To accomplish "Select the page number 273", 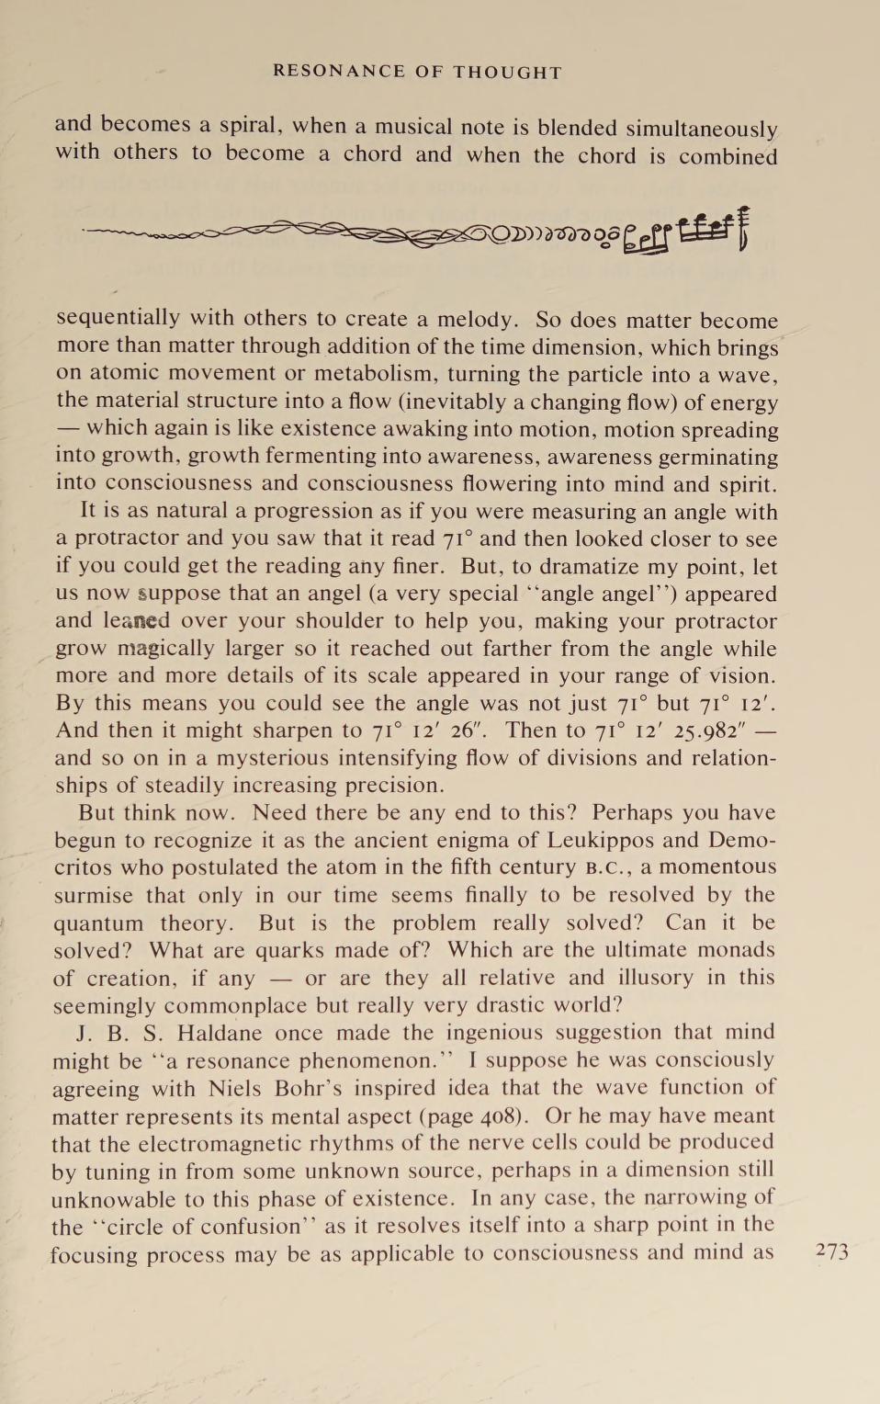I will click(832, 1251).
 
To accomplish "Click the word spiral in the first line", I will click(250, 126).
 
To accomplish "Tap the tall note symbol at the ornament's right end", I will click(742, 227).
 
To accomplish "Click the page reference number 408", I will click(502, 1116).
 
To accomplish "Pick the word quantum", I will click(98, 923).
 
